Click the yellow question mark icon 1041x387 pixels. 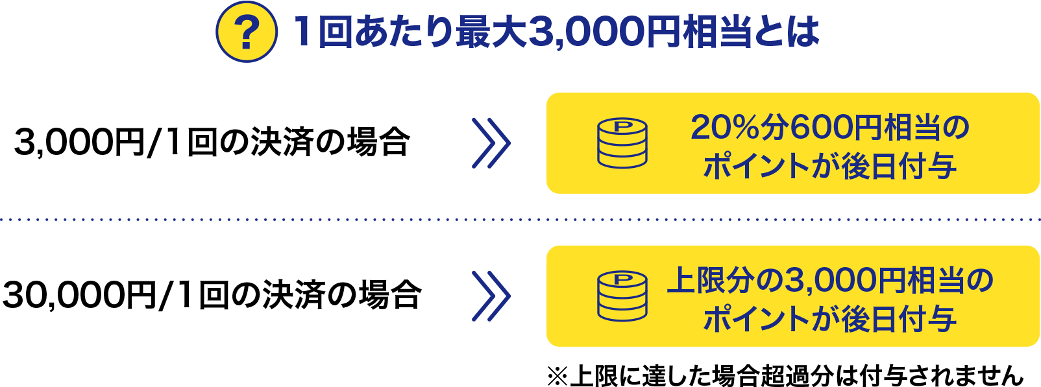[246, 32]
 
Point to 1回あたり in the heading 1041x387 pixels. [373, 32]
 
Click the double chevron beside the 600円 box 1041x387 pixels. [491, 143]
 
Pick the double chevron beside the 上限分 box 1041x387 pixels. [491, 296]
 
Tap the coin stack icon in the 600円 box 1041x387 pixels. [622, 143]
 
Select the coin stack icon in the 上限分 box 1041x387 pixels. [622, 296]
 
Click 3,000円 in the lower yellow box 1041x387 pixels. [844, 281]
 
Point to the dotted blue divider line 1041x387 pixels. [519, 220]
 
